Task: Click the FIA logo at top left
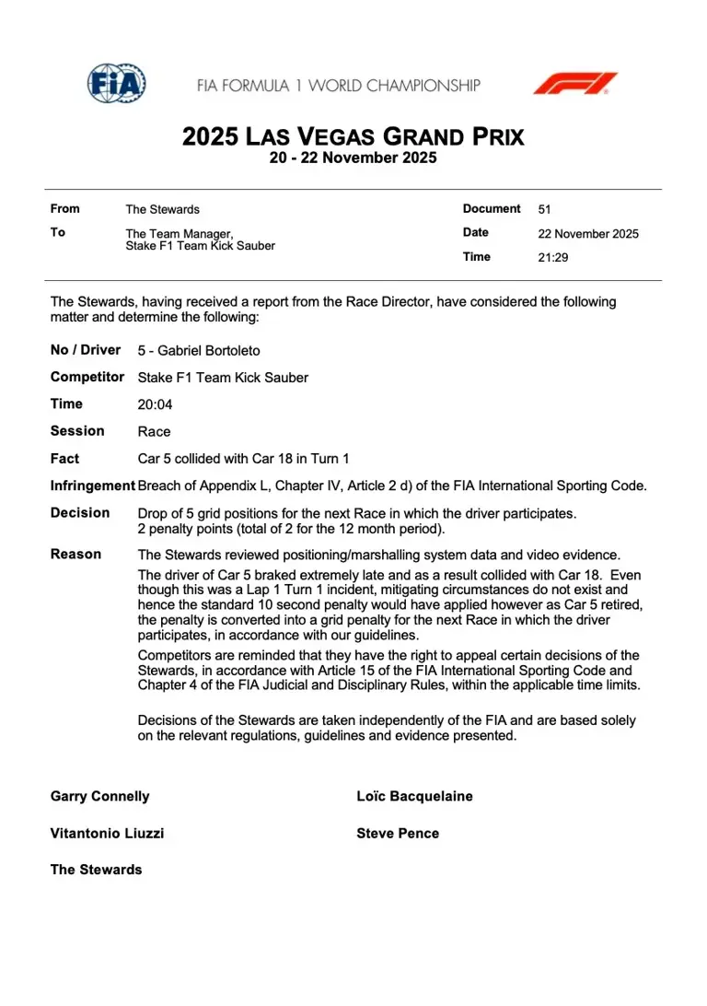tap(117, 83)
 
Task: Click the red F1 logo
tap(575, 84)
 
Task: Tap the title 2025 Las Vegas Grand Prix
tap(353, 137)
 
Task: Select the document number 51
tap(545, 209)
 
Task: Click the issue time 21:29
tap(553, 257)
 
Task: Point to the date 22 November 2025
tap(588, 233)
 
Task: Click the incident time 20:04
tap(155, 404)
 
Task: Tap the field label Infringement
tap(92, 485)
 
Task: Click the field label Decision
tap(80, 513)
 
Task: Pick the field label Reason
tap(76, 555)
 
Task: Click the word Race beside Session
tap(154, 431)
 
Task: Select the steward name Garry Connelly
tap(99, 796)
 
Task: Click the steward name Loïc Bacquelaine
tap(414, 796)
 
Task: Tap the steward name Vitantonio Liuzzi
tap(108, 833)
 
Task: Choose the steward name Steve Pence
tap(398, 833)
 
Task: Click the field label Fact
tap(64, 459)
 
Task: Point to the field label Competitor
tap(87, 377)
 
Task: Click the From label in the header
tap(65, 209)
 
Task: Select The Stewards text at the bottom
tap(97, 870)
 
